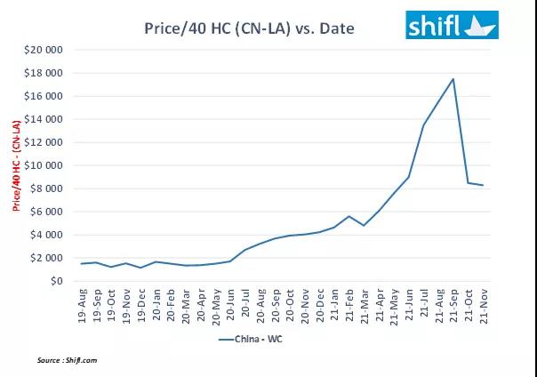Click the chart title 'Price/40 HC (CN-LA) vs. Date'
point(248,28)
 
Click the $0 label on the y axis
point(55,281)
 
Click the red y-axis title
point(16,166)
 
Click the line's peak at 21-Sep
point(453,79)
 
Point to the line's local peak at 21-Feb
point(349,216)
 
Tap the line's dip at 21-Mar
point(364,226)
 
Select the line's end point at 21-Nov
point(483,185)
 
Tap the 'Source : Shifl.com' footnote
point(67,360)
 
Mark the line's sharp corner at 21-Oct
point(469,183)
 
